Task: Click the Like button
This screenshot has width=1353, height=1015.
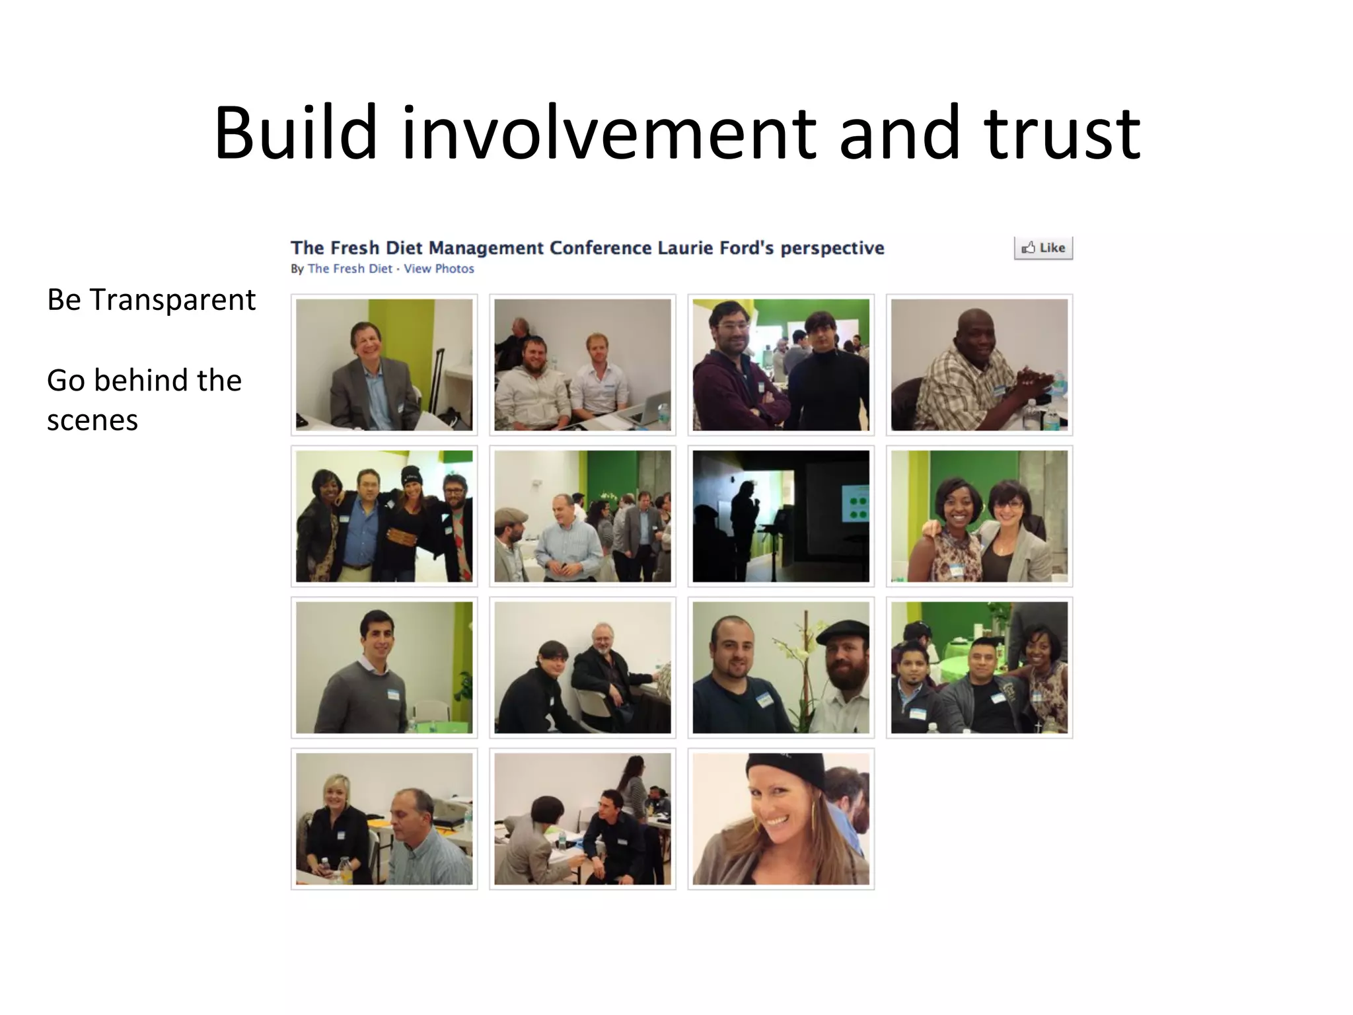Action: [x=1043, y=248]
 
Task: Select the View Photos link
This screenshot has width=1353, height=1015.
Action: [x=439, y=269]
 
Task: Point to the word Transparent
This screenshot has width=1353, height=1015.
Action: [x=172, y=300]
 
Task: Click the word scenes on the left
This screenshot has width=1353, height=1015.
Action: [x=92, y=420]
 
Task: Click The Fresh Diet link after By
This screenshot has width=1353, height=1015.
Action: [x=349, y=269]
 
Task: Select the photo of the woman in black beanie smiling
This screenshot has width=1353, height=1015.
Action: [x=781, y=819]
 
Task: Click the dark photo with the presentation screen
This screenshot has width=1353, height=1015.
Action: [x=781, y=516]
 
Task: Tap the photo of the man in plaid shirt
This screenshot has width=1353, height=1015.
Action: [x=979, y=365]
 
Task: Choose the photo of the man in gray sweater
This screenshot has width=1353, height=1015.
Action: [x=384, y=667]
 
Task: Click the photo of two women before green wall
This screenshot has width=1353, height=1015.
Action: [x=979, y=516]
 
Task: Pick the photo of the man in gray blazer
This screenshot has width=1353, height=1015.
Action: [x=384, y=365]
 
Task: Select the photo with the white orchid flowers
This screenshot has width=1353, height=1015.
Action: [x=781, y=667]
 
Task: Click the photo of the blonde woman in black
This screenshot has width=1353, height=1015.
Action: [x=384, y=819]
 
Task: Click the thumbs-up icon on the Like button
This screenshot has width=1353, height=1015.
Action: [x=1029, y=248]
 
